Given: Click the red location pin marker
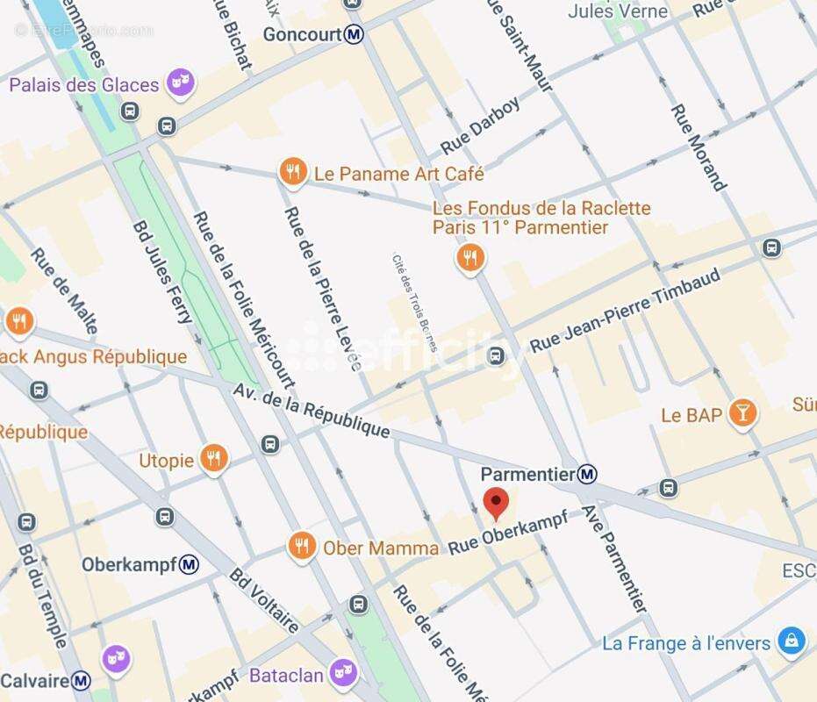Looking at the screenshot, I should (x=497, y=504).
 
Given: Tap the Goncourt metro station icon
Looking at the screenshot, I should (x=354, y=34).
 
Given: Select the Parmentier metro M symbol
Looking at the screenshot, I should (x=588, y=474).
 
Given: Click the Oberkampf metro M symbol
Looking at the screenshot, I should (x=189, y=564).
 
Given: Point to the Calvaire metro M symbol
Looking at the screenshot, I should (x=81, y=680).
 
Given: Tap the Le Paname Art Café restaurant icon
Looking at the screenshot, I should (x=292, y=172).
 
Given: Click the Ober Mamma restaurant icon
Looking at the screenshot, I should (x=302, y=546).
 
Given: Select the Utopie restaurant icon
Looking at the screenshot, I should (x=212, y=458).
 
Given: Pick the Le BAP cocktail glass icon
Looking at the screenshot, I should (x=742, y=413).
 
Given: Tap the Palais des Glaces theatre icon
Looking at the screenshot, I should (x=182, y=83).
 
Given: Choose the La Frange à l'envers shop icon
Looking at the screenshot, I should (x=792, y=641).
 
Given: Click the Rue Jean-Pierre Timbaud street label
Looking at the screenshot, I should (x=626, y=311).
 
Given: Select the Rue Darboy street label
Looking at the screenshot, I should (x=480, y=125).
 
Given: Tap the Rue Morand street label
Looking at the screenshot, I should (x=699, y=147).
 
